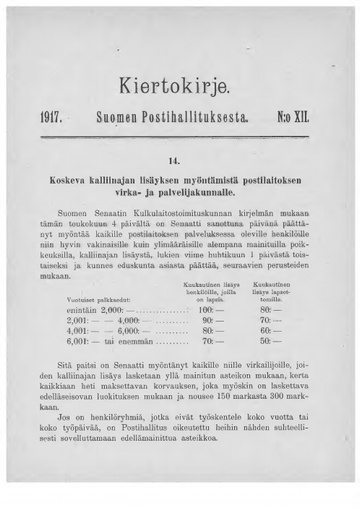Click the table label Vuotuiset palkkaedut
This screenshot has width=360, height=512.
click(x=94, y=271)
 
